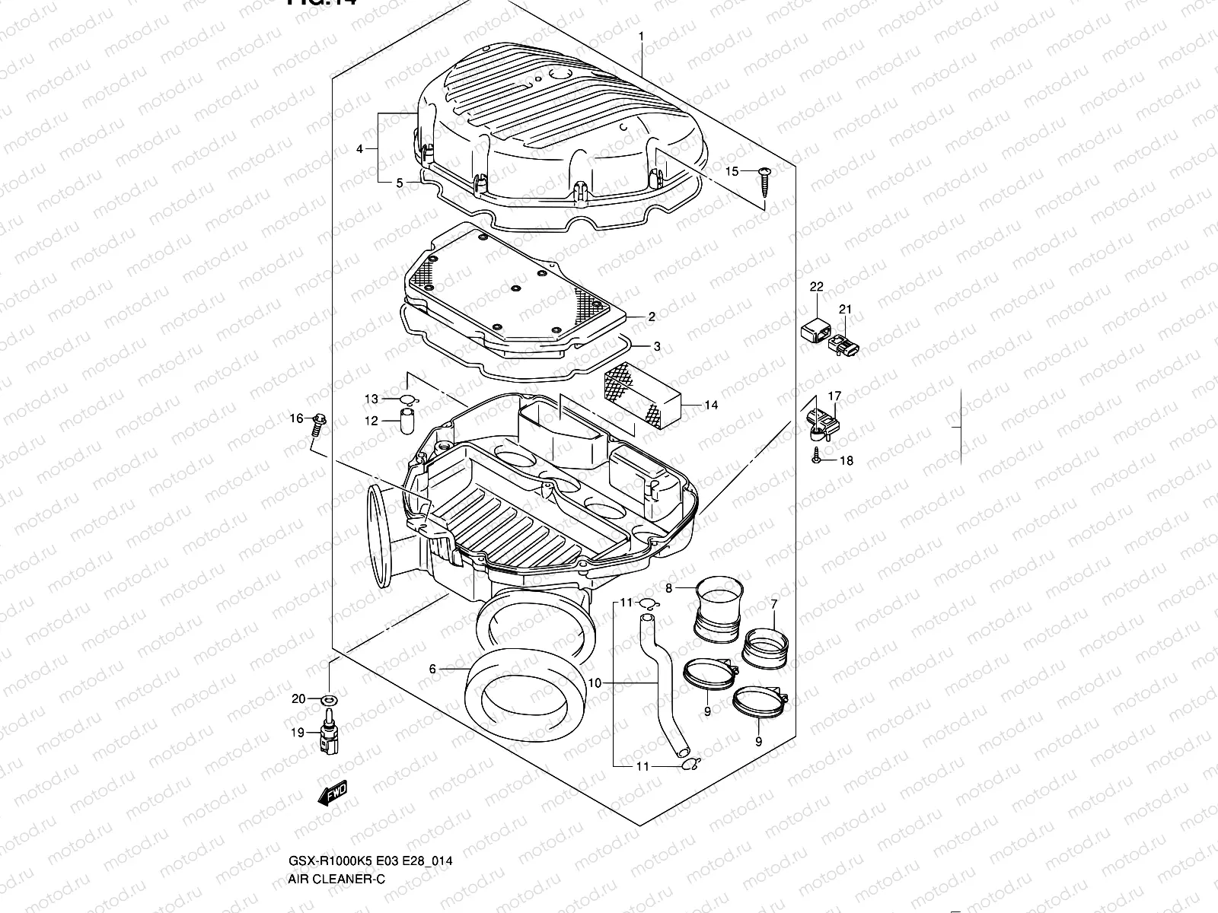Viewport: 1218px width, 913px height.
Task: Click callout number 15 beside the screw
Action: (731, 172)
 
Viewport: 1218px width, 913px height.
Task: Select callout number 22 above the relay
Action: (816, 287)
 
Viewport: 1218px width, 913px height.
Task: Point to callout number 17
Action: (835, 396)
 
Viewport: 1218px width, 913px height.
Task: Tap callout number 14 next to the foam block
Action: (710, 405)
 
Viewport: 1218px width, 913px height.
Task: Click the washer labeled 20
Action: (330, 699)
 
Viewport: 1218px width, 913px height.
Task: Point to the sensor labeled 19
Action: (330, 732)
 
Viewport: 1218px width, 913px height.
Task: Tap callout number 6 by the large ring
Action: (432, 670)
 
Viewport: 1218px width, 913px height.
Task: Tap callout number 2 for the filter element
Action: (652, 317)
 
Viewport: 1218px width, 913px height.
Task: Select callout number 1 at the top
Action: (641, 36)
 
